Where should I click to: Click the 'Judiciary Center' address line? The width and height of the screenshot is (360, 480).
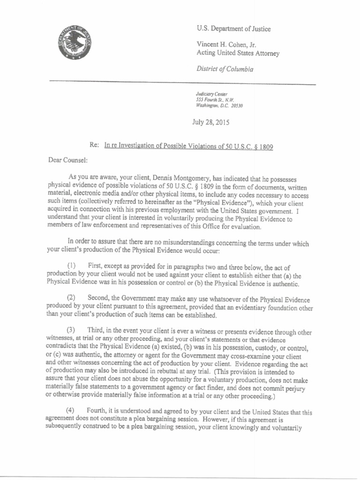coord(211,94)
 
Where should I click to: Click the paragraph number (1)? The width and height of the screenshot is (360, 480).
coord(73,266)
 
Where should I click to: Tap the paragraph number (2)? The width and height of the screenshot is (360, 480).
coord(73,299)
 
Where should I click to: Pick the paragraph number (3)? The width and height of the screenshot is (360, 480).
coord(73,331)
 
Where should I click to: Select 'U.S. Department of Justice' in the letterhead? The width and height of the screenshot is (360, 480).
coord(234,29)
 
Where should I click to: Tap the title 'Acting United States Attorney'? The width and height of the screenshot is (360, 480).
coord(238,53)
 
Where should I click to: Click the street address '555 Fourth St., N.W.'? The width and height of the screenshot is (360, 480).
coord(215,100)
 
